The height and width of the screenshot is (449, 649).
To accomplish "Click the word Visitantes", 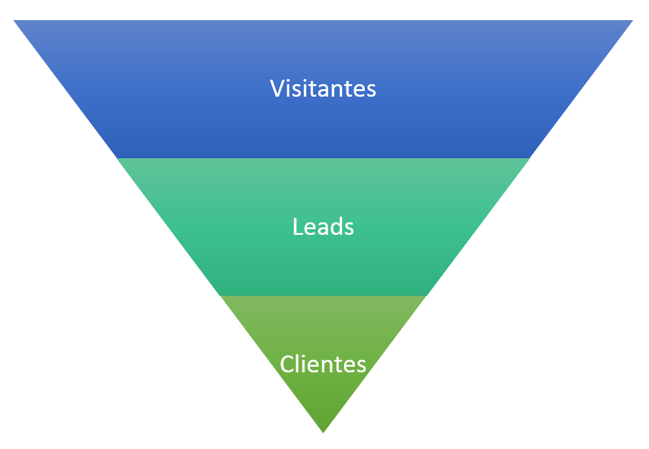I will point(323,89).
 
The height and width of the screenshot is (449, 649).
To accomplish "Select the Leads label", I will point(323,227).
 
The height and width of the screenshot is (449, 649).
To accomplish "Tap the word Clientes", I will point(323,364).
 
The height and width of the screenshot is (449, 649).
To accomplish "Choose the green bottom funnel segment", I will point(323,396).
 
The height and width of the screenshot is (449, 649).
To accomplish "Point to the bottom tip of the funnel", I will point(323,432).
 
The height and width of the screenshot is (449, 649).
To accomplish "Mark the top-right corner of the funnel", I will point(631,21).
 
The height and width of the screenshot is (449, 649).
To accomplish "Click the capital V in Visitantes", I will point(277,89).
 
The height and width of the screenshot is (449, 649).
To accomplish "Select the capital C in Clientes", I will point(287,364).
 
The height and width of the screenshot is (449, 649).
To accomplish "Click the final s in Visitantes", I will point(372,90).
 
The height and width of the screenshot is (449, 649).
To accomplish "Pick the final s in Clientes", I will point(362,365).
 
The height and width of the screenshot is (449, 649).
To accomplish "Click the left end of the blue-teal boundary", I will point(118,158).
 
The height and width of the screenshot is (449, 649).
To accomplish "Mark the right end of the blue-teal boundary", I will point(529,158).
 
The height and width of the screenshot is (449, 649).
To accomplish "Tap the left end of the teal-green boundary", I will point(220,295).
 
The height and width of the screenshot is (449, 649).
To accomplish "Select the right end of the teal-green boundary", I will point(426,295).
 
